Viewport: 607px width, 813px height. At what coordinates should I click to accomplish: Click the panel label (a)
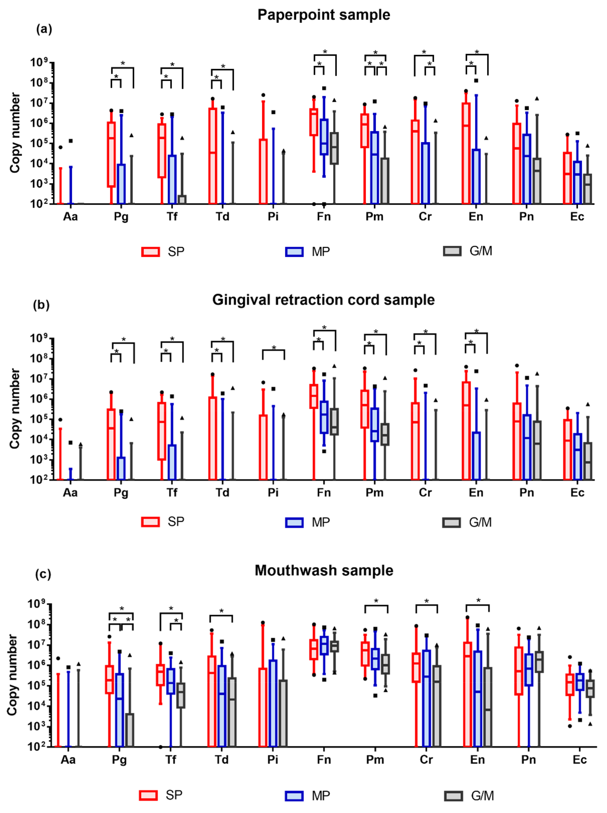(x=44, y=29)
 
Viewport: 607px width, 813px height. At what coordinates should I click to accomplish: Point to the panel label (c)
(x=43, y=574)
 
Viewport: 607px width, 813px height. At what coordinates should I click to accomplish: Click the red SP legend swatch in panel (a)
(x=150, y=252)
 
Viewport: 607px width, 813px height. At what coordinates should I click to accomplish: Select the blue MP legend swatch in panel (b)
(x=294, y=522)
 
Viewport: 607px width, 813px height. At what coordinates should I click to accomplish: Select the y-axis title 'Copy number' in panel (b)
(x=15, y=409)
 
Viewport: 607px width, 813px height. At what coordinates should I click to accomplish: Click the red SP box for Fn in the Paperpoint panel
(x=314, y=122)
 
